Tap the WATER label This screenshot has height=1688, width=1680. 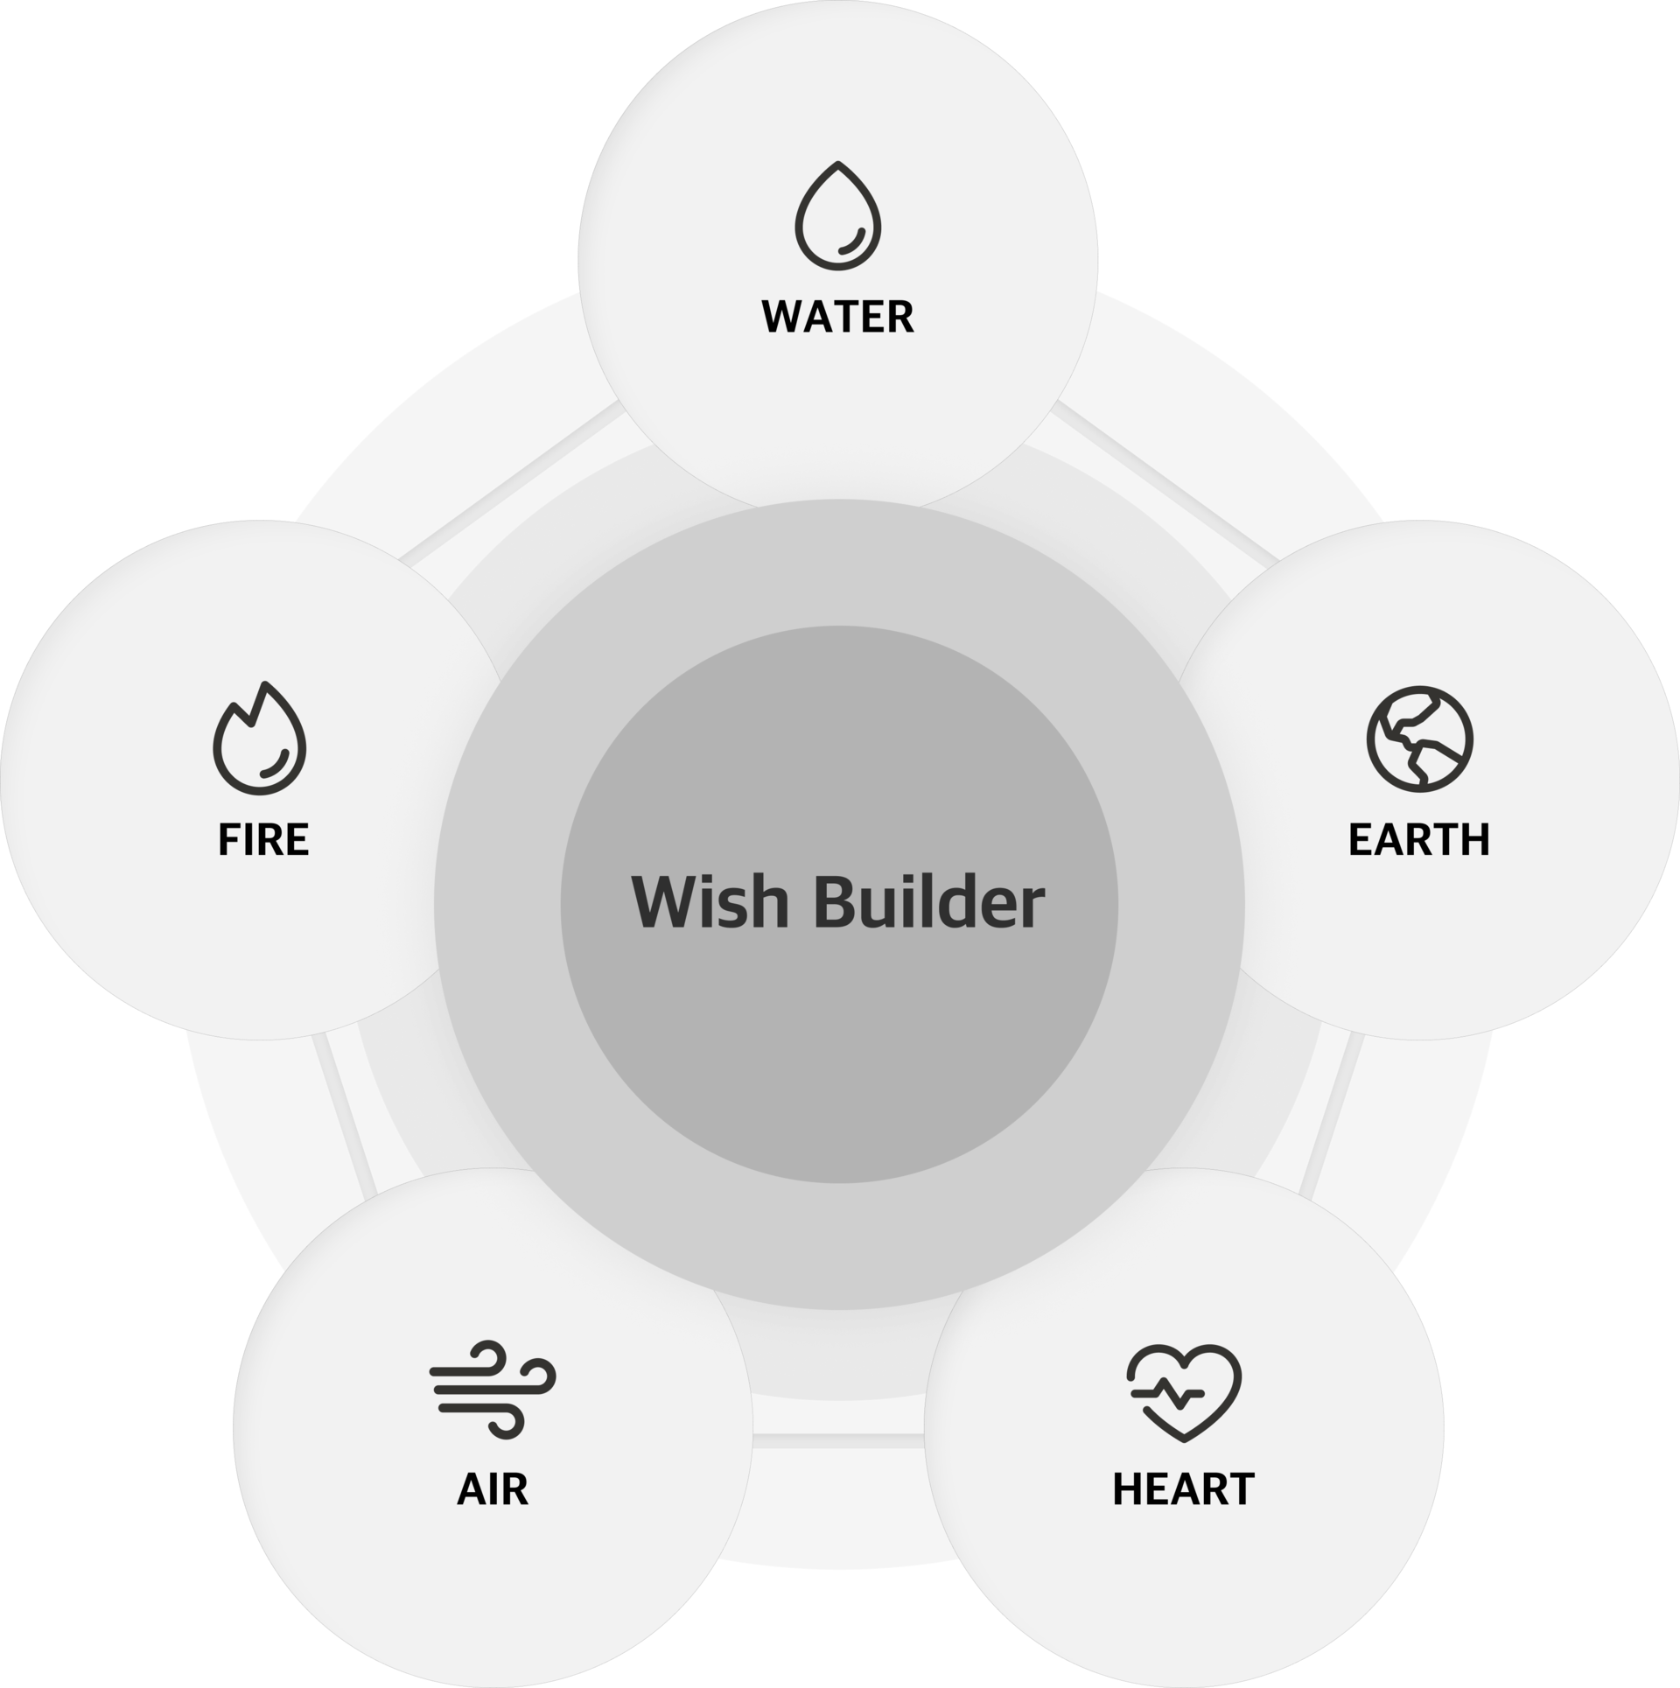coord(837,317)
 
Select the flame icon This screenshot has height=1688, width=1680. coord(260,738)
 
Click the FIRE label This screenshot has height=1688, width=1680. coord(263,839)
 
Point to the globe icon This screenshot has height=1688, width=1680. coord(1419,739)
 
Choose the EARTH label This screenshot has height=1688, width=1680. coord(1419,839)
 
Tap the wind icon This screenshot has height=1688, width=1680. coord(493,1389)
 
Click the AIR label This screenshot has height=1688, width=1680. coord(493,1489)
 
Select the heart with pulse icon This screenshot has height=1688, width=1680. coord(1184,1392)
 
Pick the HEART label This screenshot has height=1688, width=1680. coord(1184,1489)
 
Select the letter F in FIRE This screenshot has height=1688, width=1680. coord(227,839)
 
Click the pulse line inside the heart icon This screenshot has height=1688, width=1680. coord(1167,1392)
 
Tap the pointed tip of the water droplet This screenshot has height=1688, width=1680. coord(838,163)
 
